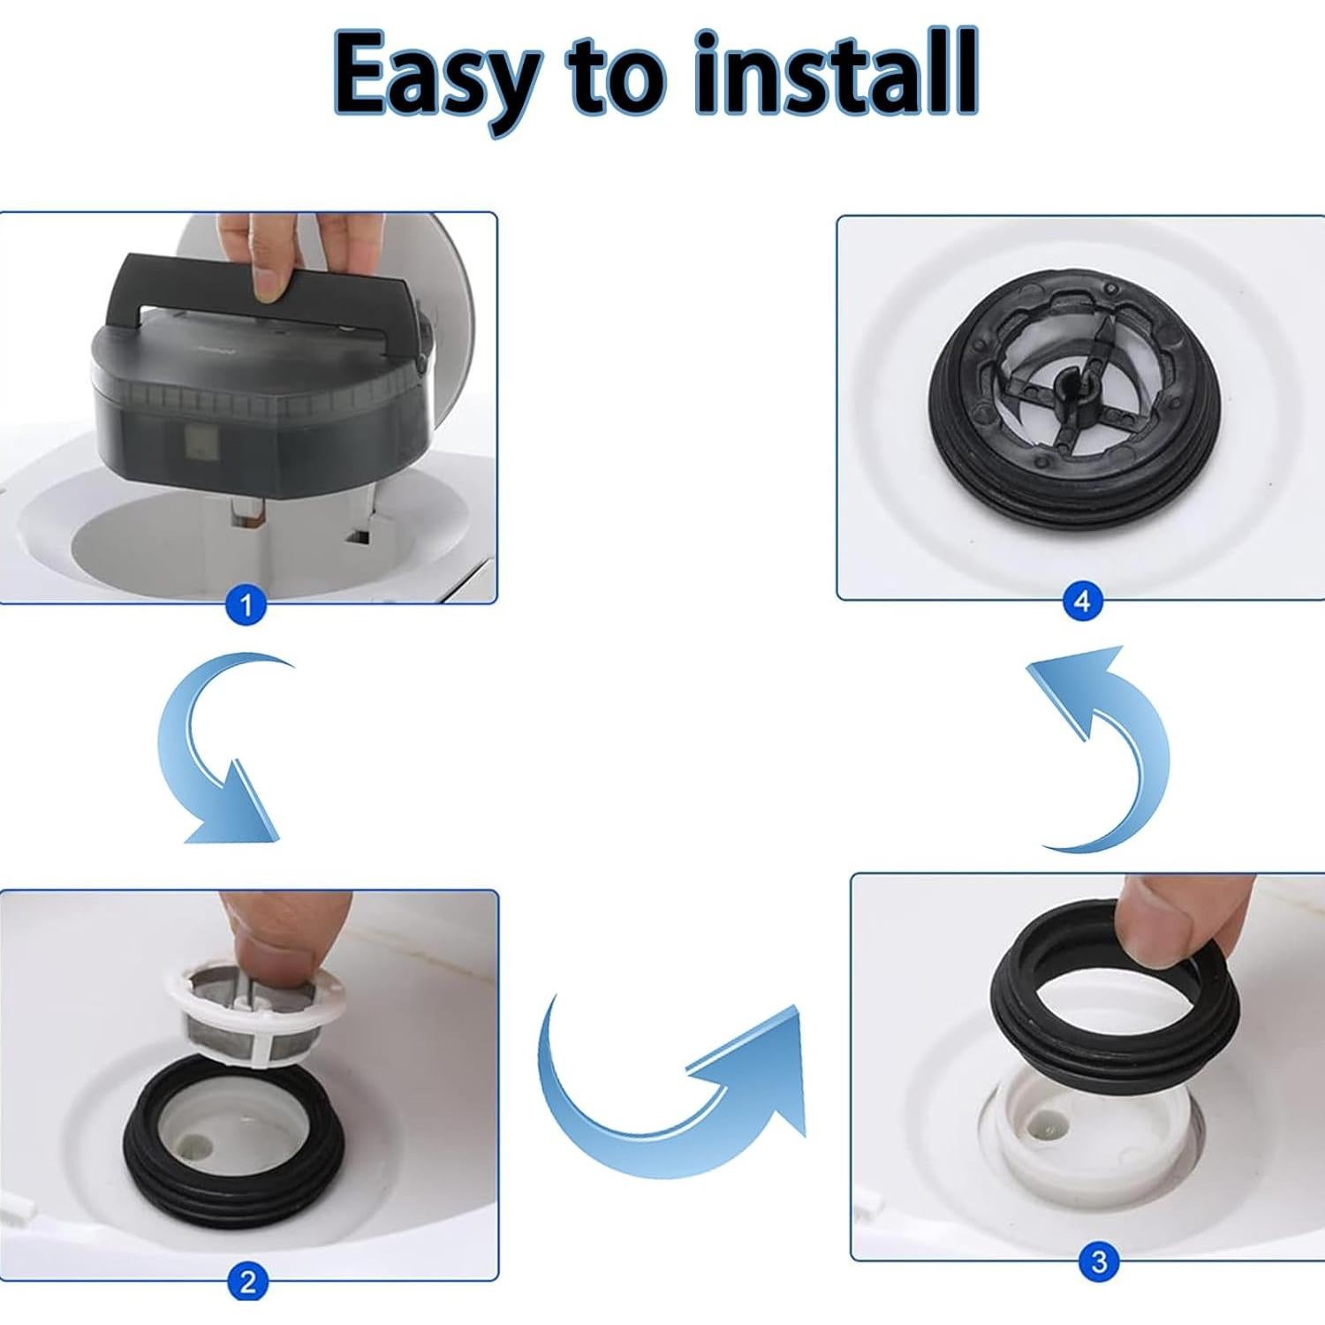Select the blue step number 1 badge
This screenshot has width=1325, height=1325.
(x=246, y=606)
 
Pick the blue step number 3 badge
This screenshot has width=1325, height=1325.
(x=1099, y=1261)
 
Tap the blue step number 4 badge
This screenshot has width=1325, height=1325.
(x=1082, y=602)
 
